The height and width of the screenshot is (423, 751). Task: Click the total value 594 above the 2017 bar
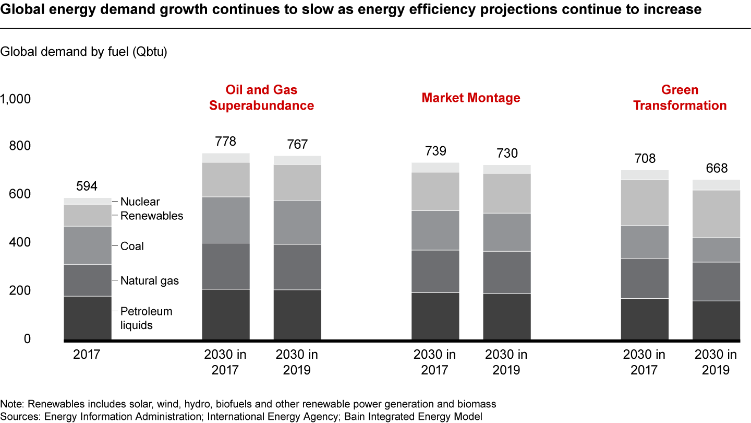coord(87,187)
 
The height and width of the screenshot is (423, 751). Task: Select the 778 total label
coord(226,142)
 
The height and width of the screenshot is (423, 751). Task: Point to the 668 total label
coord(717,169)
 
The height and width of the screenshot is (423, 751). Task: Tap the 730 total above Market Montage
coord(506,154)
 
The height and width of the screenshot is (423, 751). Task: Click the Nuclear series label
coord(140,202)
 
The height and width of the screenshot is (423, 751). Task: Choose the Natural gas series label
coord(149,281)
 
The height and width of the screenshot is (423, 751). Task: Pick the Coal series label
coord(132,246)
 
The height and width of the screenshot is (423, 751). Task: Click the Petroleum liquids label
coord(146,318)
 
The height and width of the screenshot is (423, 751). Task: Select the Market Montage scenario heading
coord(471,98)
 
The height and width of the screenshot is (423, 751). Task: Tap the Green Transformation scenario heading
coord(680,98)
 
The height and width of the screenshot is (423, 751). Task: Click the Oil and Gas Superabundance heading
coord(261,98)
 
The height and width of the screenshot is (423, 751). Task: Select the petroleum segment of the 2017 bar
coord(88,318)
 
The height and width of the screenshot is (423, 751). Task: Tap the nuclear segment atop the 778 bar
coord(226,158)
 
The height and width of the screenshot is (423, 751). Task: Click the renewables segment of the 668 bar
coord(717,214)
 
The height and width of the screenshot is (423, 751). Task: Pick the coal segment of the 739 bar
coord(435,230)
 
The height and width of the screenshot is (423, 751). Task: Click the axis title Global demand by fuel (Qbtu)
coord(84,52)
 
